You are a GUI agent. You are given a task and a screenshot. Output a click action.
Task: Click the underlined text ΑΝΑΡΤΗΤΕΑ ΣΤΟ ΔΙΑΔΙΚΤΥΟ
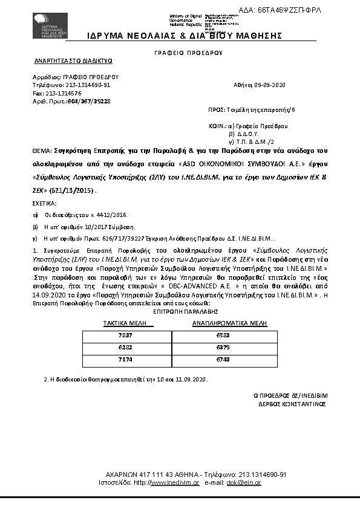[73, 62]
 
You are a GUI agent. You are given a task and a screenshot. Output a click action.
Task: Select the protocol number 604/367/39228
[88, 102]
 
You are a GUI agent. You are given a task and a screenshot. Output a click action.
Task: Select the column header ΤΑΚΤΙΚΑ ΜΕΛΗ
[129, 324]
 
